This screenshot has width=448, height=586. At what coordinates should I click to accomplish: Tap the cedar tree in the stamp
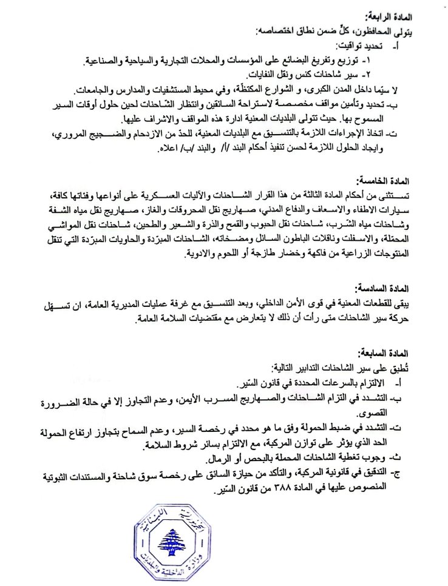pos(180,534)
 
